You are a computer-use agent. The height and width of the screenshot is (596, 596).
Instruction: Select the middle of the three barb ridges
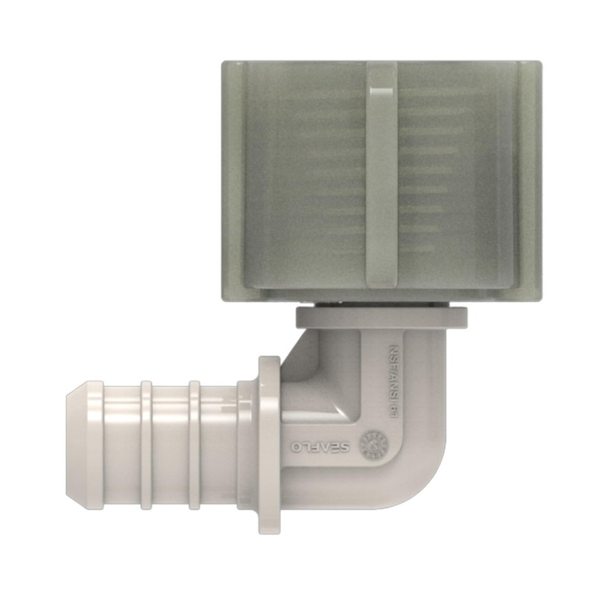coord(146,445)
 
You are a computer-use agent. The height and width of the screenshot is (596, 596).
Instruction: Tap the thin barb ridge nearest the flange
coord(194,445)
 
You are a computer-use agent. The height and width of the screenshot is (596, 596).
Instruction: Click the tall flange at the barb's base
coord(269,445)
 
